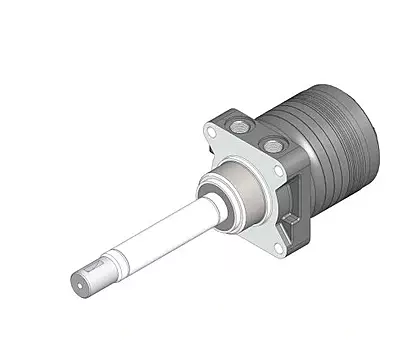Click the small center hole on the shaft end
coord(81,284)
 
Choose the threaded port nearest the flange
coord(241,124)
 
